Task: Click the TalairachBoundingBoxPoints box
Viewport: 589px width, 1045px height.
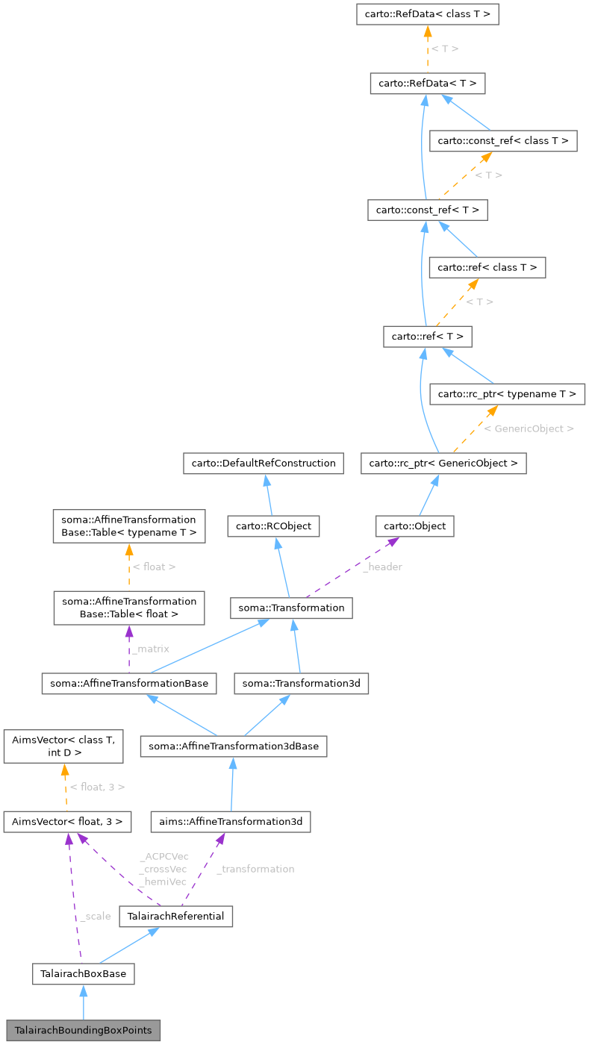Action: click(x=83, y=1030)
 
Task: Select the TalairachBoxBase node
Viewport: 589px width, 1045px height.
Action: click(x=83, y=973)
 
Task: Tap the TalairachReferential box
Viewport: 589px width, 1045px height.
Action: click(x=176, y=916)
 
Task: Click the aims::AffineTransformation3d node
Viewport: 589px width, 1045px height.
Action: click(x=230, y=822)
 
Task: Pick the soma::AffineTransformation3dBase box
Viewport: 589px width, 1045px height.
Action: click(x=234, y=746)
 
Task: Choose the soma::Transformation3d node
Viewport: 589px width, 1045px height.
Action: click(x=302, y=682)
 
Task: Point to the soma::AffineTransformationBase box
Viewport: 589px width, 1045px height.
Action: click(x=130, y=682)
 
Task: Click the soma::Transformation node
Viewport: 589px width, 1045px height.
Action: click(x=291, y=608)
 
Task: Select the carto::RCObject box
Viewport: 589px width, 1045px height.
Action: click(x=274, y=526)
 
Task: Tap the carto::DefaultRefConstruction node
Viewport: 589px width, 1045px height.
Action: click(x=264, y=463)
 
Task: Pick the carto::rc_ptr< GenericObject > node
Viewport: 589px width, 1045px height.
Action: click(x=443, y=463)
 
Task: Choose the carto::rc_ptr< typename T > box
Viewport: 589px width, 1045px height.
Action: click(x=508, y=393)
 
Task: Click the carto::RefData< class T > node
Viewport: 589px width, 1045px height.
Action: click(x=428, y=13)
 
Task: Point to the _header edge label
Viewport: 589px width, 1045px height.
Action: click(x=382, y=567)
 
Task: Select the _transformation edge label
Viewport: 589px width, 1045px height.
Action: click(x=255, y=869)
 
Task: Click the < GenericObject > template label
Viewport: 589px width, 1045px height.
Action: click(x=529, y=429)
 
